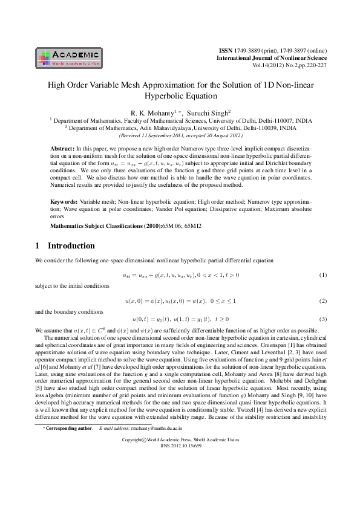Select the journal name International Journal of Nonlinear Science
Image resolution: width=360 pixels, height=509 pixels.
[272, 57]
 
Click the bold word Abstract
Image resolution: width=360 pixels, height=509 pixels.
[62, 148]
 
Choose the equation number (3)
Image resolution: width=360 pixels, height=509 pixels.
[322, 319]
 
